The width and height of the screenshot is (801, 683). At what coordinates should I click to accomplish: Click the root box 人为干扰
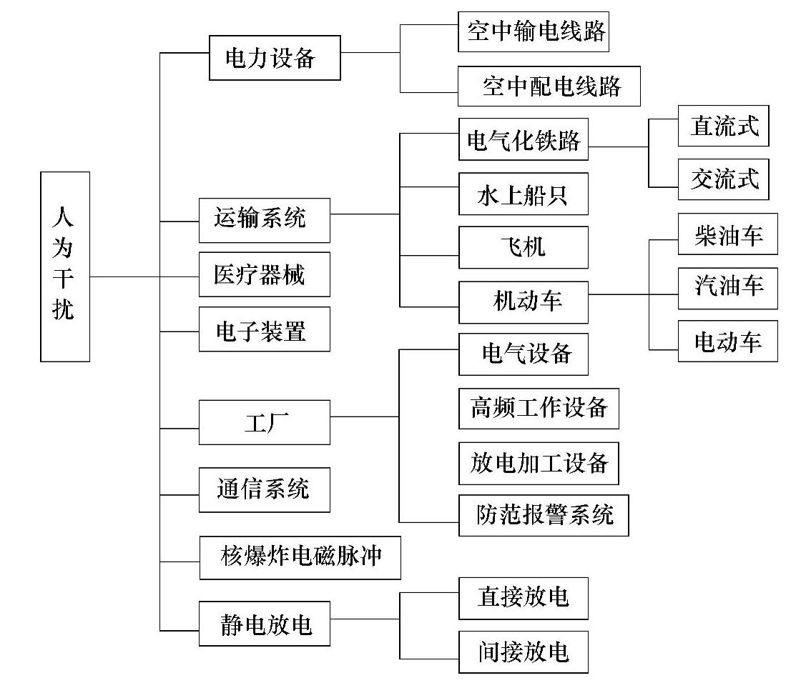[65, 266]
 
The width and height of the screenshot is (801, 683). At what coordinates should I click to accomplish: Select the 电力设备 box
[274, 58]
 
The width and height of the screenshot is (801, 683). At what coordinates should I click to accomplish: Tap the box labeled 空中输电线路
[533, 31]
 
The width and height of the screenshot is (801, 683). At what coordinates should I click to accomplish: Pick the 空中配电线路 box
[549, 86]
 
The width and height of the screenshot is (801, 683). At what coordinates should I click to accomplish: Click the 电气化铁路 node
[523, 139]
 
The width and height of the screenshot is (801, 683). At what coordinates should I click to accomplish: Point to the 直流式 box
[723, 126]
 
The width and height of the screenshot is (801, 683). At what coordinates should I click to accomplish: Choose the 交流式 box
[723, 179]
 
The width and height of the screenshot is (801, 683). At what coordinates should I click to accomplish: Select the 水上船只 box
[523, 194]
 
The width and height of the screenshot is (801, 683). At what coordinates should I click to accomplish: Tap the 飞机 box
[523, 247]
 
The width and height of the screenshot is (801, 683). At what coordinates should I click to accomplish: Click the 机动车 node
[523, 301]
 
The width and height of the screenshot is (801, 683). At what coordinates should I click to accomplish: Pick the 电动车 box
[727, 341]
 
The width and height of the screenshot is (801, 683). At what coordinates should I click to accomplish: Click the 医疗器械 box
[264, 274]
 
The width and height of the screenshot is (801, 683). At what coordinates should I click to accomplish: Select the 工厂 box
[264, 422]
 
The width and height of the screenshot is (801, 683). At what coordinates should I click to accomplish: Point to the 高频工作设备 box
[539, 408]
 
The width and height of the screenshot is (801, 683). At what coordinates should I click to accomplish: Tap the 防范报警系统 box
[544, 515]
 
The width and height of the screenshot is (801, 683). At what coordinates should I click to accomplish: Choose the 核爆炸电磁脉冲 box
[299, 557]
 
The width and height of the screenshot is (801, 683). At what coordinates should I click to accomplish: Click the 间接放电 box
[523, 652]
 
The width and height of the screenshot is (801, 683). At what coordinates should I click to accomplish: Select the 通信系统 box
[264, 489]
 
